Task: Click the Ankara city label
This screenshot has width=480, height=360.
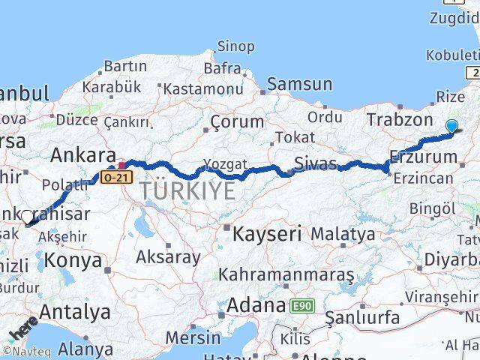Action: pyautogui.click(x=82, y=156)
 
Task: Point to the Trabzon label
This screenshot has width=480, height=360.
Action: pyautogui.click(x=395, y=119)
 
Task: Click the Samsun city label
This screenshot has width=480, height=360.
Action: pyautogui.click(x=299, y=84)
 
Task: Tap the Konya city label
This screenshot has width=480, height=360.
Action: pyautogui.click(x=73, y=260)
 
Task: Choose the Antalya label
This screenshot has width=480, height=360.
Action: pyautogui.click(x=74, y=311)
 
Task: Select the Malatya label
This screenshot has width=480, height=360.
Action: pyautogui.click(x=343, y=234)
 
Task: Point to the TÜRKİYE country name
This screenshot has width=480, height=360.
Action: pyautogui.click(x=186, y=191)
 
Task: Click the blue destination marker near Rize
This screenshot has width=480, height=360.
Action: pyautogui.click(x=451, y=127)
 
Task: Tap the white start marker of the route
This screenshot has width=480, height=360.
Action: pyautogui.click(x=28, y=217)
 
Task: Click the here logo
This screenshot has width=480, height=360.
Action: pyautogui.click(x=22, y=329)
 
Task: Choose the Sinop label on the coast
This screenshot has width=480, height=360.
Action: pyautogui.click(x=235, y=47)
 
